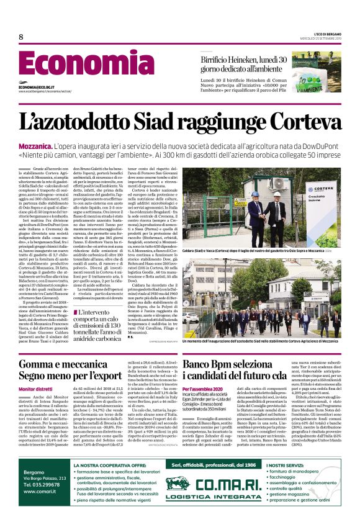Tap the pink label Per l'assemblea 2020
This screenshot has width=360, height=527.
coord(203,389)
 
